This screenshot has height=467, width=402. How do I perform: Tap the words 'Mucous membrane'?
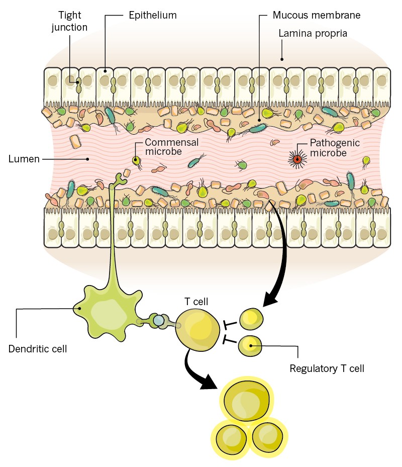coord(317,16)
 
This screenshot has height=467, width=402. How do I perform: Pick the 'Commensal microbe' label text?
coord(172,147)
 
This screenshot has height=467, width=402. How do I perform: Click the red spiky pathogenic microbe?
coord(297,160)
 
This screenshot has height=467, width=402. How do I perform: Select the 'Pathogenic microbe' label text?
coord(334,148)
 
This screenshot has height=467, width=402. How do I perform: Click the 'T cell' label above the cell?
coord(196,301)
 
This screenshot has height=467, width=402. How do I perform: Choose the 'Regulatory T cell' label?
coord(327,368)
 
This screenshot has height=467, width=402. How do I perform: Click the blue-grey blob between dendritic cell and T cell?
coord(159,320)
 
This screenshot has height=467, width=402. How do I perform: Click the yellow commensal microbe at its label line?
coord(136,160)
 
